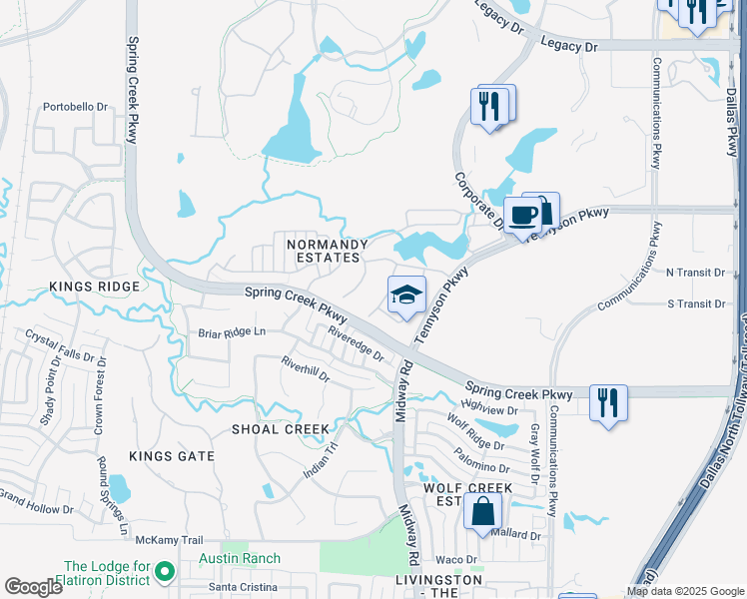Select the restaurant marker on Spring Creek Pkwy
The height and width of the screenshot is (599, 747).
pyautogui.click(x=608, y=402)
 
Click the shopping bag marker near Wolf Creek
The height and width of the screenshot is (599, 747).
pyautogui.click(x=482, y=511)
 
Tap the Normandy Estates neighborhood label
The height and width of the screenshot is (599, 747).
pyautogui.click(x=323, y=251)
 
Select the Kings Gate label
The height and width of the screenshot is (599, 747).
pyautogui.click(x=172, y=456)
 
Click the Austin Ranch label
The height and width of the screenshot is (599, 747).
pyautogui.click(x=239, y=558)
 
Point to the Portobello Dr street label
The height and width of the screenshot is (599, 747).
pyautogui.click(x=75, y=107)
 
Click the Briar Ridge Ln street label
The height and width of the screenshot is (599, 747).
pyautogui.click(x=233, y=331)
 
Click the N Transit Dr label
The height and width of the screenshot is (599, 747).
pyautogui.click(x=695, y=272)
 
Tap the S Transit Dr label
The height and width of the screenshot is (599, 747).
pyautogui.click(x=695, y=303)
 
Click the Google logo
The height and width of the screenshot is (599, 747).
pyautogui.click(x=33, y=588)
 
